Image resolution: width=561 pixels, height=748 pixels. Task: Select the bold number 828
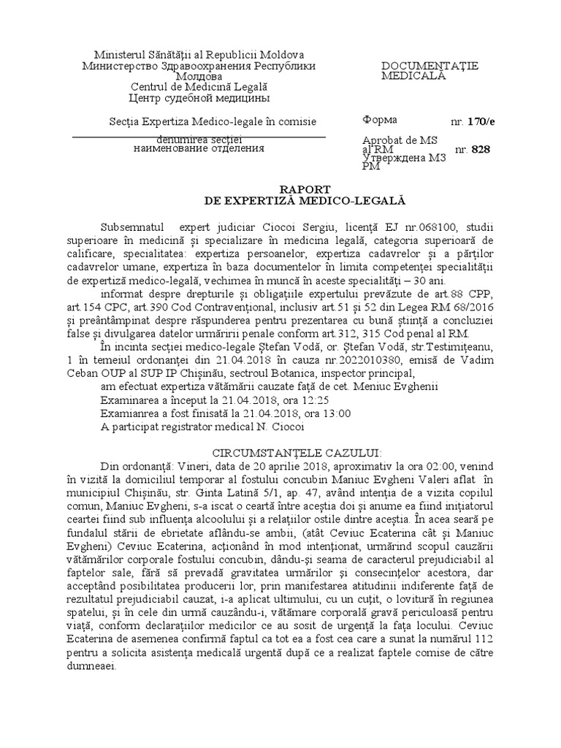[x=481, y=150]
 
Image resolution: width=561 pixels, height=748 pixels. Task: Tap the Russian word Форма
[x=380, y=120]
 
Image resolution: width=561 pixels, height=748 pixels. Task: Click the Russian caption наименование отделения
[x=199, y=148]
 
